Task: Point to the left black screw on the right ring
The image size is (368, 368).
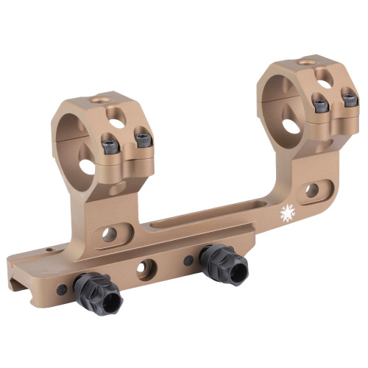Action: [319, 105]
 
